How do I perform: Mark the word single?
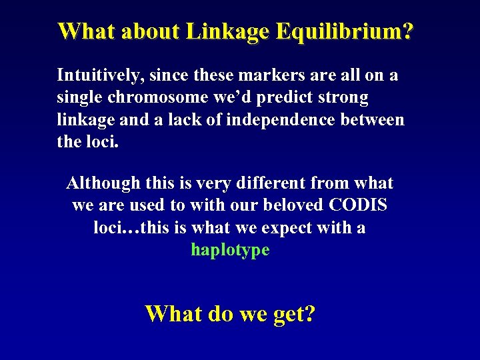(x=77, y=98)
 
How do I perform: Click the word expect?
(x=293, y=228)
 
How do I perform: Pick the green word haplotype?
(x=230, y=250)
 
